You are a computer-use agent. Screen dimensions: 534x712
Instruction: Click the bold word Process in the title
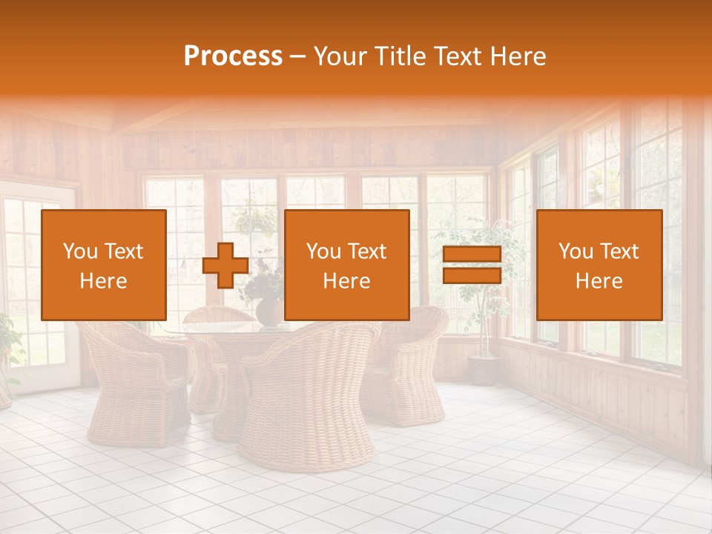233,56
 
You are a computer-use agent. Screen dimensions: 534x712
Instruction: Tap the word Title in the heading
398,56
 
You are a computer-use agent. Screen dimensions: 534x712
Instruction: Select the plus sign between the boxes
225,266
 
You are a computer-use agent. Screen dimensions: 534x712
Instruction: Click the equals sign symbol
472,266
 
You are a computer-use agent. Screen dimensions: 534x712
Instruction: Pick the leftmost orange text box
104,265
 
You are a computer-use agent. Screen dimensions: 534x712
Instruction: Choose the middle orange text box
346,265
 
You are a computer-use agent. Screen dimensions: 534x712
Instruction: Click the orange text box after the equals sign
599,265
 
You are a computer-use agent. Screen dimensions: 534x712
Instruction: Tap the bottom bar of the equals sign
472,275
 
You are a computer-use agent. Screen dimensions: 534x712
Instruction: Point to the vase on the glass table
270,311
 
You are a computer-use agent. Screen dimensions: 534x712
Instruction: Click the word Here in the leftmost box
104,281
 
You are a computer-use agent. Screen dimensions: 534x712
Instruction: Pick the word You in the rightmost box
576,251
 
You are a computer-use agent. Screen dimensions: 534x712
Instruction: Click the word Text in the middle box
367,251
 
